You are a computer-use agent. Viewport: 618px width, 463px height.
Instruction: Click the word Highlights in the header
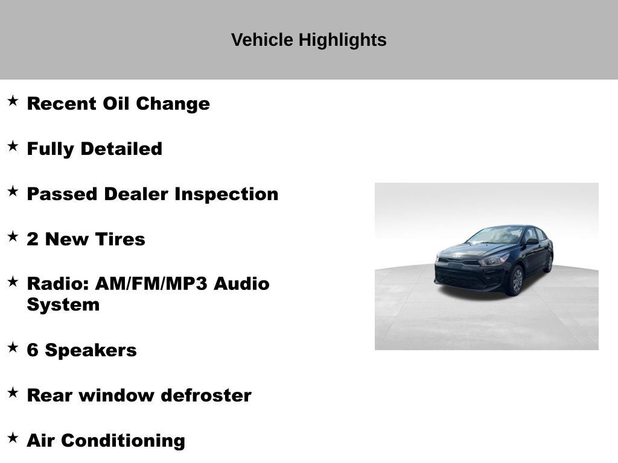click(342, 40)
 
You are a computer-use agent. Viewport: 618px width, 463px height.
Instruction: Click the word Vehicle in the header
click(262, 40)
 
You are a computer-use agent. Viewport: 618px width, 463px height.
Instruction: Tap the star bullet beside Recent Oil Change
click(13, 101)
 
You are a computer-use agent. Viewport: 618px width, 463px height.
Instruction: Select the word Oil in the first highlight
click(116, 104)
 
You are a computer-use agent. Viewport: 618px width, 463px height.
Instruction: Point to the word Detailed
click(121, 149)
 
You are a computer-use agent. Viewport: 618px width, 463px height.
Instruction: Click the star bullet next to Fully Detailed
click(13, 146)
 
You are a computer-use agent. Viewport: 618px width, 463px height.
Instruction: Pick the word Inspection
click(226, 195)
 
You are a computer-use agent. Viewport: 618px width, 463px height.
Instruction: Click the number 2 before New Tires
click(33, 239)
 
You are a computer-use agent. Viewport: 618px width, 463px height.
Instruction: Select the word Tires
click(120, 239)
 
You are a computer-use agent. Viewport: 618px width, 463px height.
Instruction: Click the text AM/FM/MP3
click(151, 284)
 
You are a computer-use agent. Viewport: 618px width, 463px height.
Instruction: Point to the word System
click(63, 305)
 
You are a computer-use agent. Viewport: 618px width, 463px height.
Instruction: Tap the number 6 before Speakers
click(33, 350)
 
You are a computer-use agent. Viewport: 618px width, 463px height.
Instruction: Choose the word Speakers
click(91, 351)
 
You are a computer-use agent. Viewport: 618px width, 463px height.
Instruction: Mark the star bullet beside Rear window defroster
click(13, 392)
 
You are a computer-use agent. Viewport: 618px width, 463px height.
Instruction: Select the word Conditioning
click(123, 441)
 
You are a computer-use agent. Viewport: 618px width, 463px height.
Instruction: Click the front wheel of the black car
click(517, 280)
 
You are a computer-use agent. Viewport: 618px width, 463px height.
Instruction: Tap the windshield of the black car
click(495, 236)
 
